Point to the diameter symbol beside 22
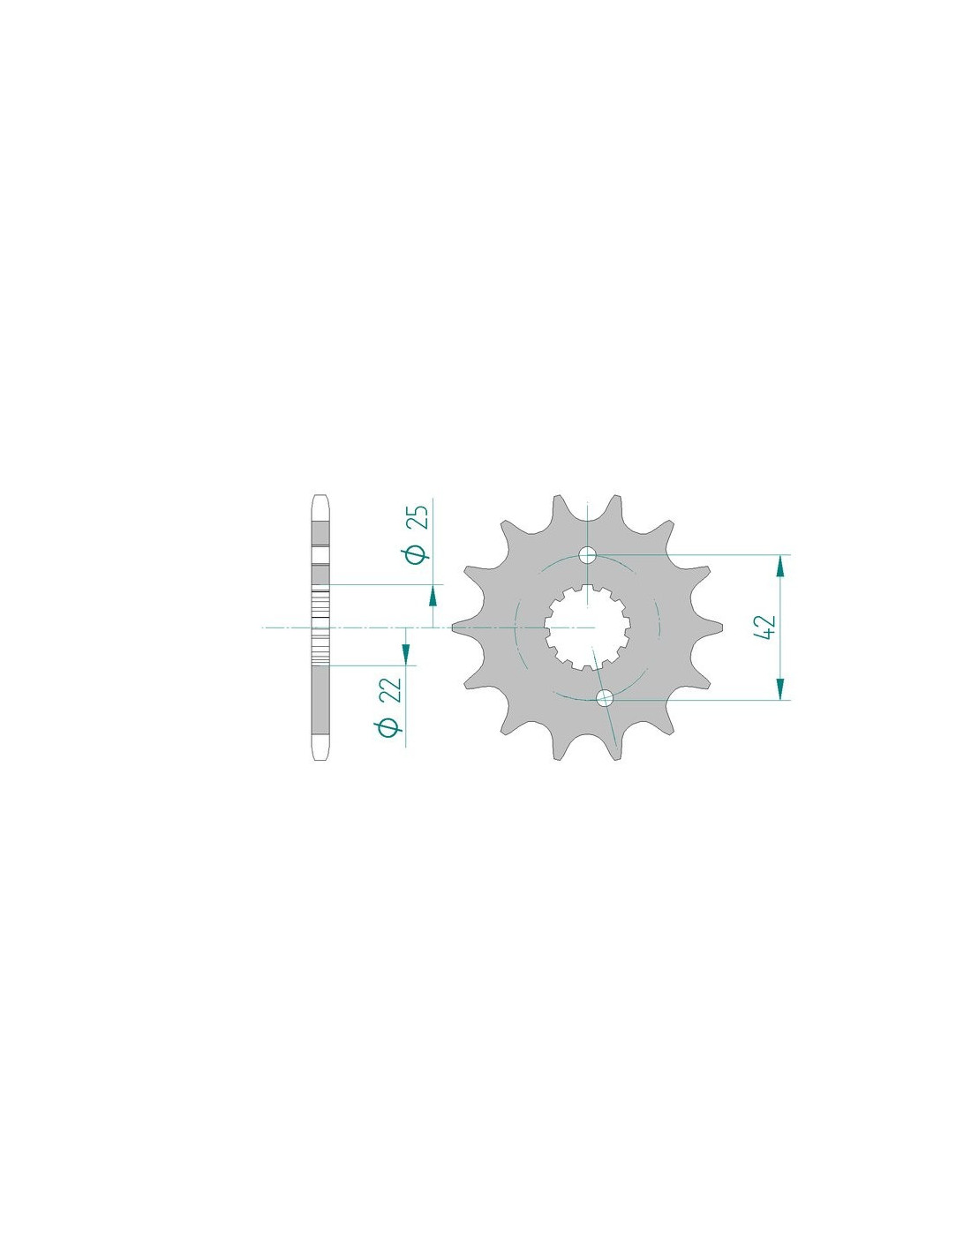[391, 727]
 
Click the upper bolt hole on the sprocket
[587, 556]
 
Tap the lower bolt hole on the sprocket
[604, 698]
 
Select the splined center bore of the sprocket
[587, 627]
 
